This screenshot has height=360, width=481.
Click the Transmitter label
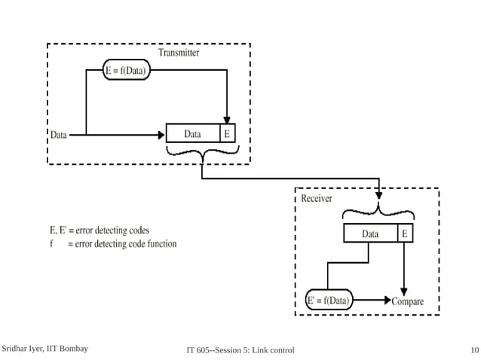click(179, 53)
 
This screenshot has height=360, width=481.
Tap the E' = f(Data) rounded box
click(329, 301)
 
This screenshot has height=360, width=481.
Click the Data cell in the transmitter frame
click(192, 134)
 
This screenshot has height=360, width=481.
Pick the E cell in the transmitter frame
click(227, 134)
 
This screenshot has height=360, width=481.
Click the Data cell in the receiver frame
click(369, 234)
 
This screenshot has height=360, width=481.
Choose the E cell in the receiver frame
click(406, 234)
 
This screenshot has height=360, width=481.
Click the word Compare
click(408, 301)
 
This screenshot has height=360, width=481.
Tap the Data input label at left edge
click(58, 136)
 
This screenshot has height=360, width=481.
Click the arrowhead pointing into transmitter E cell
click(227, 120)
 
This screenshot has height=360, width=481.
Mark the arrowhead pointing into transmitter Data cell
click(160, 136)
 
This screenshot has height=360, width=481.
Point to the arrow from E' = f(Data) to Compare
click(371, 301)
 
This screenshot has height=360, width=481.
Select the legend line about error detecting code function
click(113, 244)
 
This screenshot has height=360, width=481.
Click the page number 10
click(473, 350)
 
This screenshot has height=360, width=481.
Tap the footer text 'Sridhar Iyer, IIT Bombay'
click(44, 349)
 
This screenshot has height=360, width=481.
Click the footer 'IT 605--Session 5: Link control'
click(240, 350)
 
